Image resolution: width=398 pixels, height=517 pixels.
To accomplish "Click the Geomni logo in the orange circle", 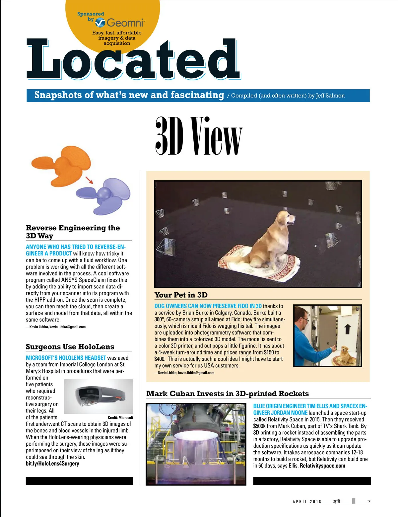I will [x=120, y=23].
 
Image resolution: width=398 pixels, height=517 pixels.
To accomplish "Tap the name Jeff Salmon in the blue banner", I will [x=330, y=96].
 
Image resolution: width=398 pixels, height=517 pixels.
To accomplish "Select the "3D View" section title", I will [x=199, y=136].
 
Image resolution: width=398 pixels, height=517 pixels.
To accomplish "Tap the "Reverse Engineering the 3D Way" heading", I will [x=73, y=232].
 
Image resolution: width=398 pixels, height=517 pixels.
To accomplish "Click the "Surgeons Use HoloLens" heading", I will [x=70, y=347].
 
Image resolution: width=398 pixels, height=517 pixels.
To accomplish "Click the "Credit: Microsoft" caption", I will [x=120, y=417].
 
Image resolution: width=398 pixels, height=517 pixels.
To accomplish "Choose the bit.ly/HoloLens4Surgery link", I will [x=52, y=464].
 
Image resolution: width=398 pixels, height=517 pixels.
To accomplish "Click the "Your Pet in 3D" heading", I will [x=181, y=295].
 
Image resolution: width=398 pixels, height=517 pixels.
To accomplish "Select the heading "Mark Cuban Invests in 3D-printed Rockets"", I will [x=228, y=394].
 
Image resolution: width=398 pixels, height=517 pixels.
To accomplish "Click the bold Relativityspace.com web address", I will [x=322, y=466].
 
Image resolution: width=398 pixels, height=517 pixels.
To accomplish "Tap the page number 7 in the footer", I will [x=369, y=501].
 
